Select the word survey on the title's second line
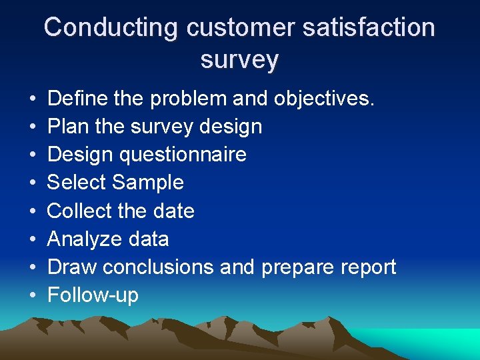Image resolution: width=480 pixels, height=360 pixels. (x=239, y=59)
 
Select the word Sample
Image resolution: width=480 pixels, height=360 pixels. (x=148, y=183)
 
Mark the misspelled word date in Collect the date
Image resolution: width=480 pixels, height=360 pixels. (x=173, y=211)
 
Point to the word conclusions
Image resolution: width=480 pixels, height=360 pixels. (x=158, y=267)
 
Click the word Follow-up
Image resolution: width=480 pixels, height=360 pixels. (x=93, y=295)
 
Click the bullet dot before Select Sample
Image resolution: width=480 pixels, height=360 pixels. (x=33, y=183)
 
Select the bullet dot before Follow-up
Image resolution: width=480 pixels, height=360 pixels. (x=33, y=295)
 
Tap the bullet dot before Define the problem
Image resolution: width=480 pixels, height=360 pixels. (x=33, y=99)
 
